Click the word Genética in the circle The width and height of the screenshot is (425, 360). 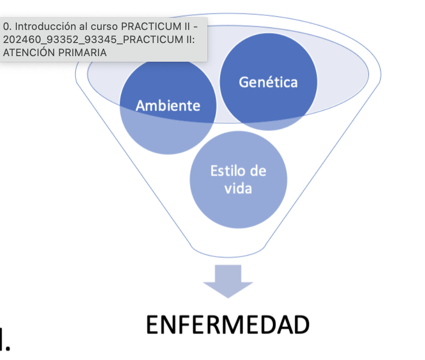coord(268,82)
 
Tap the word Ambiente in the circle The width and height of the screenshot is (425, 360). coord(168,106)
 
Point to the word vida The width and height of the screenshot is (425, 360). coord(238,188)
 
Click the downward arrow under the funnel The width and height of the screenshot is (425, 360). coord(228,281)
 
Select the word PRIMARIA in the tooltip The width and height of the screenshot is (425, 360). coord(83,52)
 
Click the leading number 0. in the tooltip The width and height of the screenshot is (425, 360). coord(7,28)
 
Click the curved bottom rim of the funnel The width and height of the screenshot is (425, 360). coord(228,255)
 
